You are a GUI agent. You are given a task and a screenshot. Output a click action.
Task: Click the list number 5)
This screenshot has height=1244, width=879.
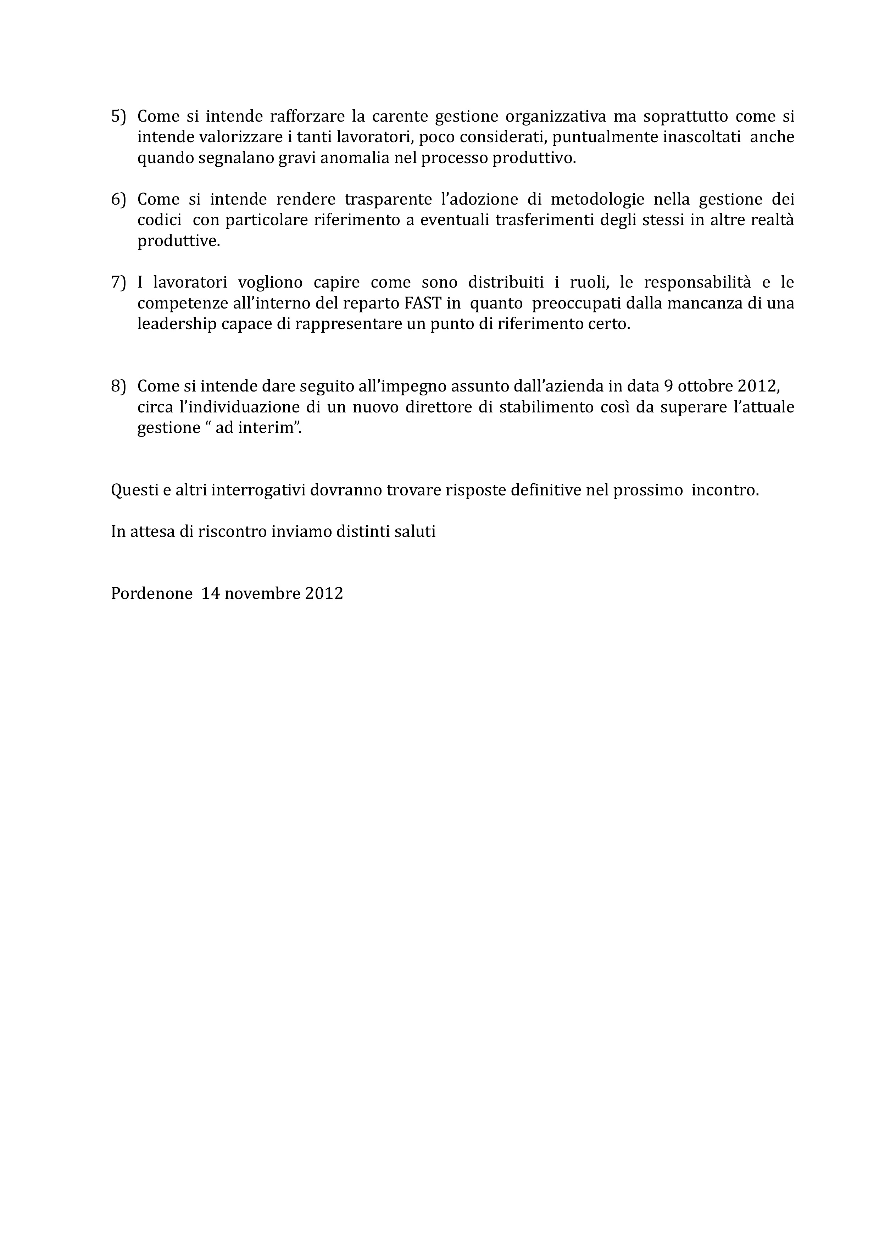118,116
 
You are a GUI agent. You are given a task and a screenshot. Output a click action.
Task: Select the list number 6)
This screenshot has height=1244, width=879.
118,200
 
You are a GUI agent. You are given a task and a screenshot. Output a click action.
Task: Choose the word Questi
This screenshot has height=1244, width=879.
133,490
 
